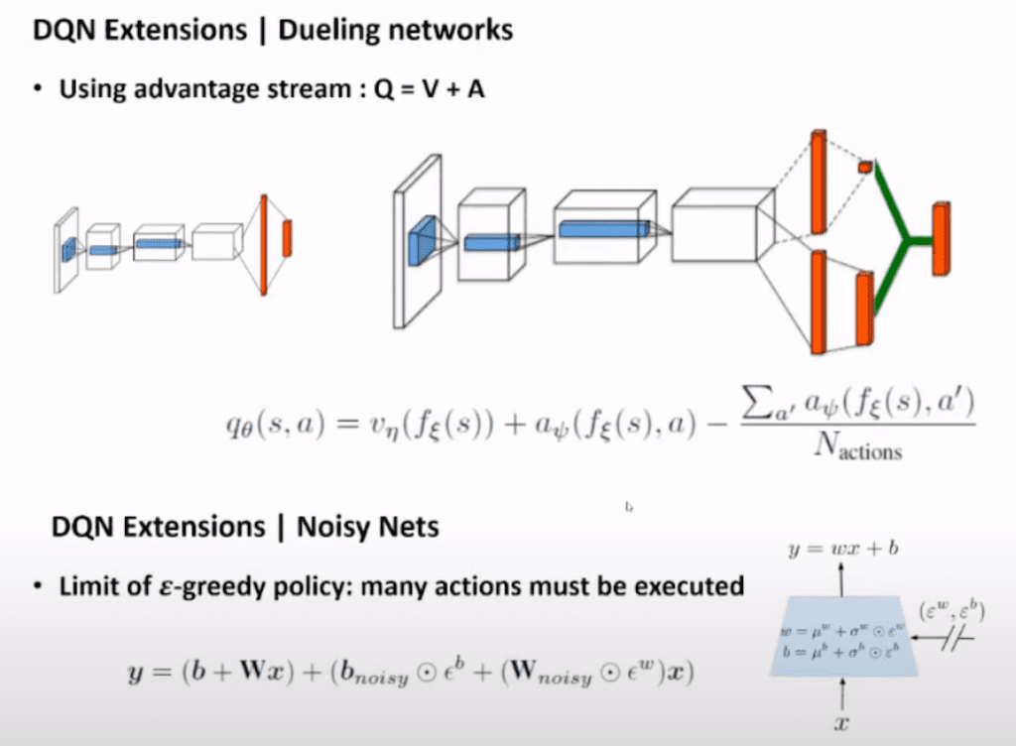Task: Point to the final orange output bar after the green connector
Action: [941, 238]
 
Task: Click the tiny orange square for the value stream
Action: [865, 166]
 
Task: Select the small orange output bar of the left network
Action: [287, 238]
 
